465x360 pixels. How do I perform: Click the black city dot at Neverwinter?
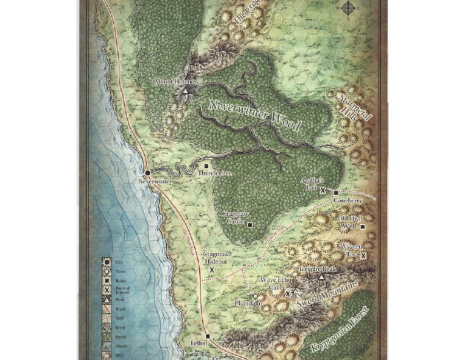[147, 173]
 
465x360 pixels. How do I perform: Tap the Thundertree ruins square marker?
[207, 165]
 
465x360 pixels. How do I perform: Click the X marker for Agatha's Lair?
[323, 190]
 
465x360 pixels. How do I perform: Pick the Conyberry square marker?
[336, 193]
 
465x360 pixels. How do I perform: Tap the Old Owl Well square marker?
[363, 227]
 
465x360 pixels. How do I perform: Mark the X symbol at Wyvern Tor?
[363, 256]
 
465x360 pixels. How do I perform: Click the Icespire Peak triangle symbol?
[321, 276]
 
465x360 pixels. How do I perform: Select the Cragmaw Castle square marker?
[249, 224]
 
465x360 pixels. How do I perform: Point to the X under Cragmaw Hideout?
[212, 269]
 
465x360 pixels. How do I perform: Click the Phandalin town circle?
[256, 296]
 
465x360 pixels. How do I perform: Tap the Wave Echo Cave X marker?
[289, 293]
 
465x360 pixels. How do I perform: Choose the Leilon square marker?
[207, 336]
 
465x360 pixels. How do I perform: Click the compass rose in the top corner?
[349, 8]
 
